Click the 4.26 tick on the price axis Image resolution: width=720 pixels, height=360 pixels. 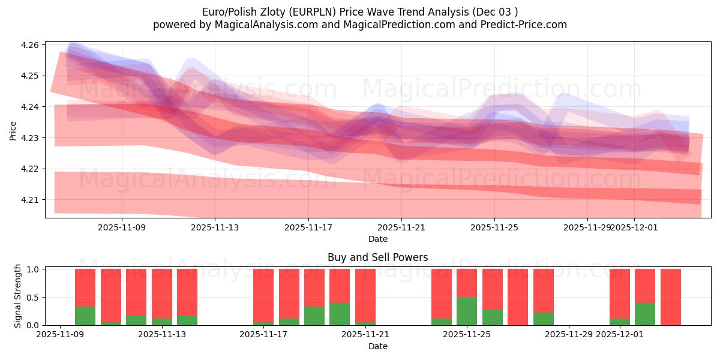point(31,45)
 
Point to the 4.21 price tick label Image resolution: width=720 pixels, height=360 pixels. point(31,200)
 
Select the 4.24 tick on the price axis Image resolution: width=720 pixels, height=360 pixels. point(31,107)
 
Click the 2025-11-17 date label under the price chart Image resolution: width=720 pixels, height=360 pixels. point(308,227)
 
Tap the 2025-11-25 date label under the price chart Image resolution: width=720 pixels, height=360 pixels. point(494,227)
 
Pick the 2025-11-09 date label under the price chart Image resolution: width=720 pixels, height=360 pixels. point(122,227)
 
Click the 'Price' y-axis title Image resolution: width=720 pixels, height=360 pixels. point(13,130)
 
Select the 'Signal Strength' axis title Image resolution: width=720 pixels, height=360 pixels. point(18,295)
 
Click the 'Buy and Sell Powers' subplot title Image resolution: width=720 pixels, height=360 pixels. point(378,257)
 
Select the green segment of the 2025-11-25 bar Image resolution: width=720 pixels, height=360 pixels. point(467,311)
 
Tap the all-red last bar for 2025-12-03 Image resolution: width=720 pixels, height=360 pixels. point(670,297)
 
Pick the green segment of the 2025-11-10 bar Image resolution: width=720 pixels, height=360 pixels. point(85,316)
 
